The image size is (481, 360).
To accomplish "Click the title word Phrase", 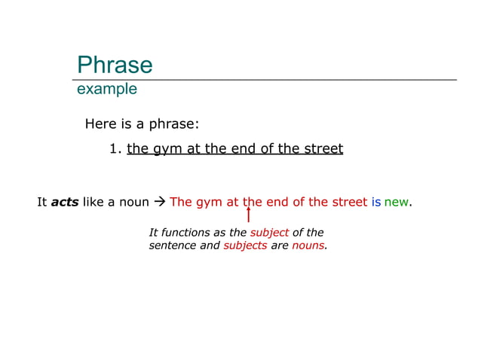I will (x=115, y=65).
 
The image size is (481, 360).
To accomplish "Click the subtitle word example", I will (x=107, y=89).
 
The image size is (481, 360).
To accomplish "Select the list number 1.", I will (x=115, y=148).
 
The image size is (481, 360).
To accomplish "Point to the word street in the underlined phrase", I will (x=323, y=148).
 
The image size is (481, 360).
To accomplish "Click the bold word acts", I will (x=65, y=202).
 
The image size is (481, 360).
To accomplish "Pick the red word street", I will (x=348, y=202).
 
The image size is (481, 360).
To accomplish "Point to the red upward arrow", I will (x=248, y=215).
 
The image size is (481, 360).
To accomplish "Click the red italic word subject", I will (x=269, y=233).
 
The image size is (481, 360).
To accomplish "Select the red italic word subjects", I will (x=245, y=246).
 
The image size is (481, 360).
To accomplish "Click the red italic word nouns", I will (x=308, y=246).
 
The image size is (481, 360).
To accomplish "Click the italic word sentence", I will (x=173, y=246).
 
